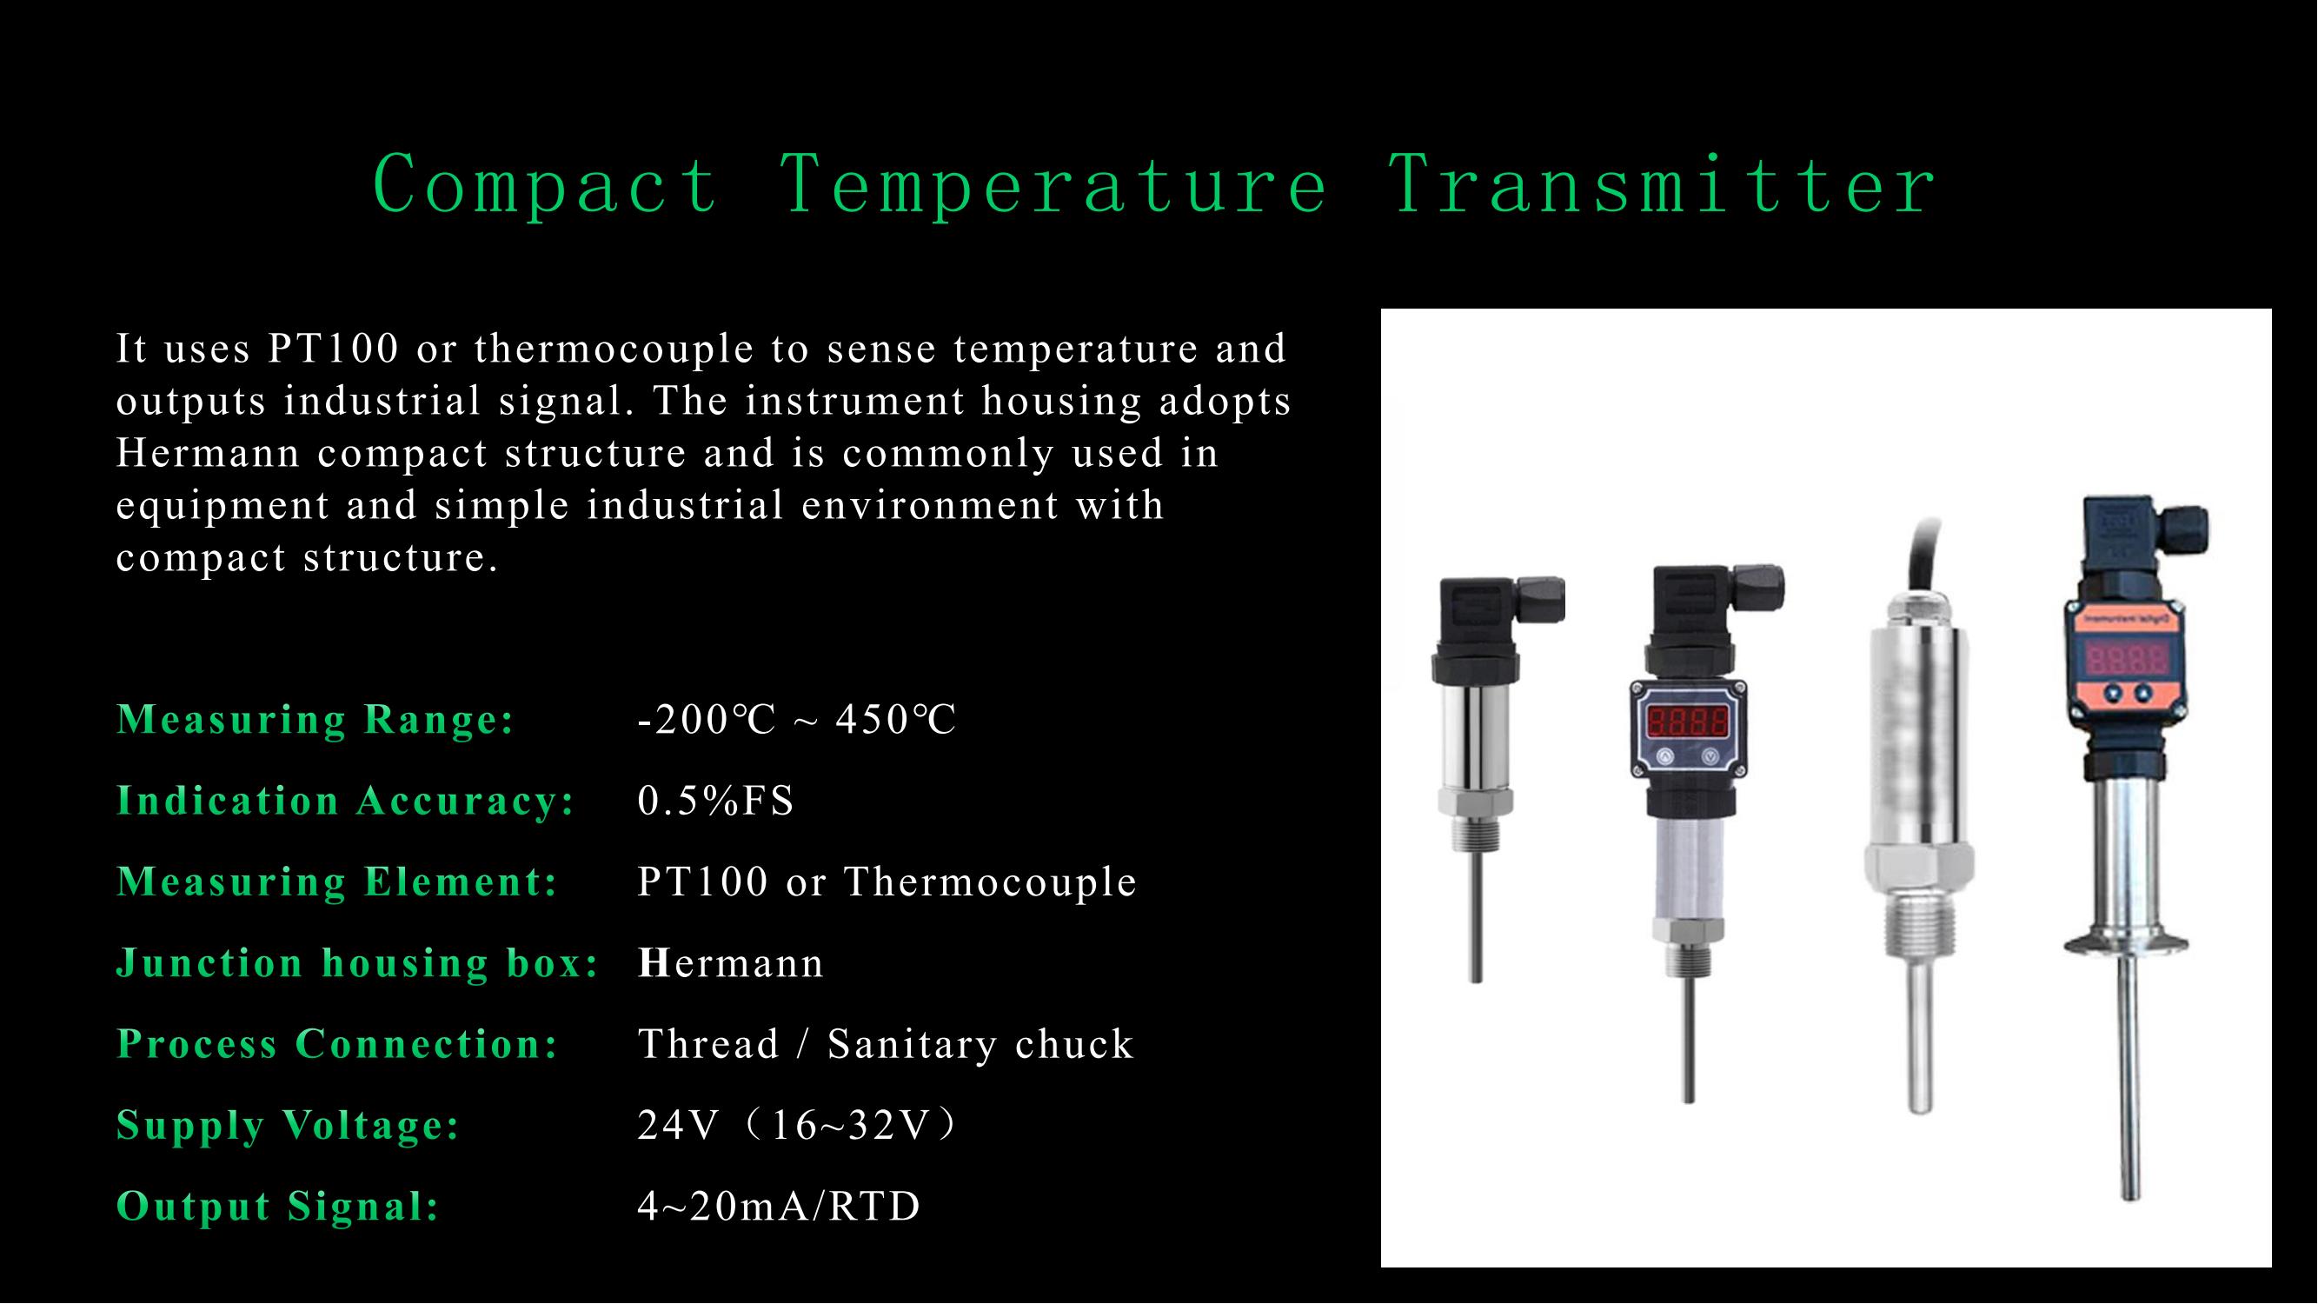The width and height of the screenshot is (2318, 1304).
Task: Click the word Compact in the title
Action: (545, 184)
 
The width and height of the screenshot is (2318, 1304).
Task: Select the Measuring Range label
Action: (315, 720)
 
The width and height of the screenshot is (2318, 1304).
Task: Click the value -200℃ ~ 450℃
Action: (796, 720)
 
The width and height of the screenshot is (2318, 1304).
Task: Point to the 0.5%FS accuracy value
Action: (715, 801)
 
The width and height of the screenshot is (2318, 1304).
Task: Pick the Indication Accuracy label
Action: (346, 801)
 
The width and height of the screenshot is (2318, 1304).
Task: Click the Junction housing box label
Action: (358, 964)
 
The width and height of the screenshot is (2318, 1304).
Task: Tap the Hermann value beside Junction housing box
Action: (731, 964)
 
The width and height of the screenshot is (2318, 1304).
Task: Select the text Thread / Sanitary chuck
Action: (886, 1045)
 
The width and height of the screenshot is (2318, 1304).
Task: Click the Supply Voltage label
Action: (288, 1126)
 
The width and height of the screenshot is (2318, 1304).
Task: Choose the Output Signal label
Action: (278, 1207)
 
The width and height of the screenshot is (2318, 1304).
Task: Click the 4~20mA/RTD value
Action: (779, 1207)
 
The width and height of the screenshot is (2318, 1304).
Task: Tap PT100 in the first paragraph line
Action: (333, 349)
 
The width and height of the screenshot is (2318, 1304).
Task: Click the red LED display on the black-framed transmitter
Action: (1687, 721)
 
